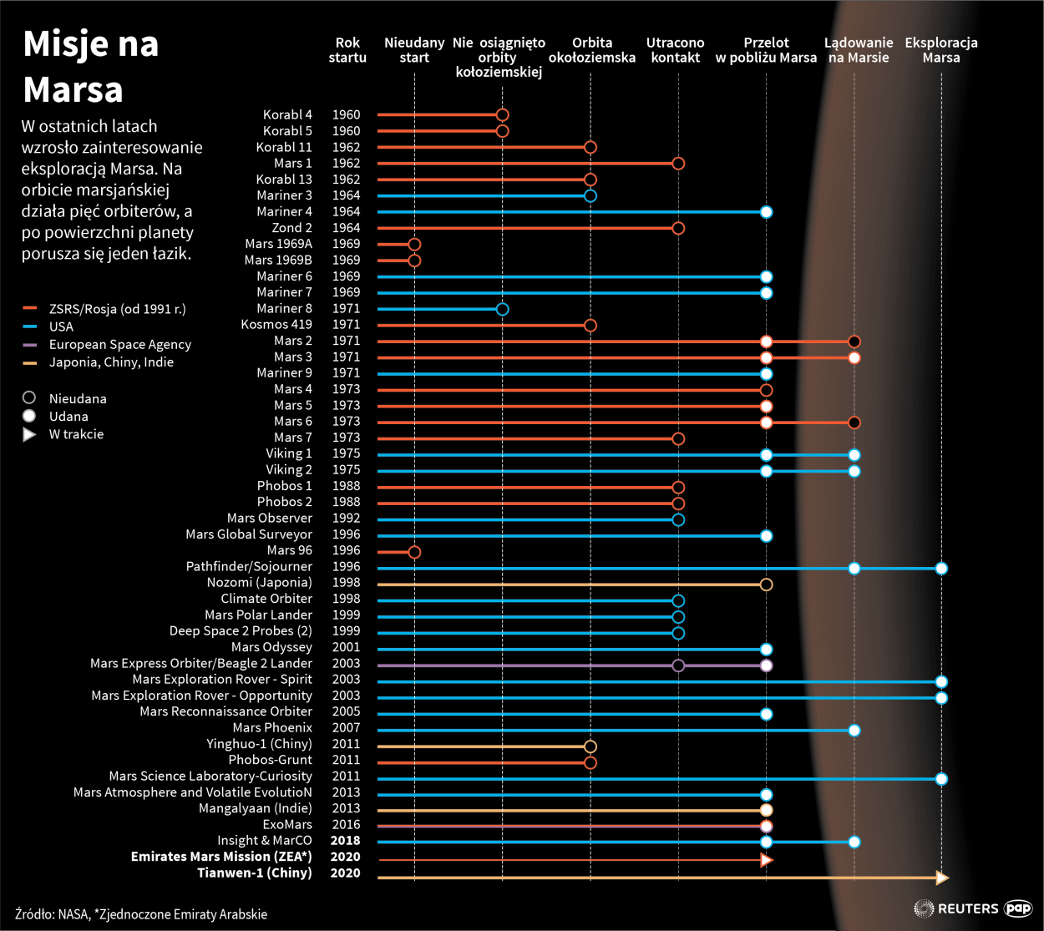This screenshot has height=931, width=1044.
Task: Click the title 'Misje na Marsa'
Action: coord(90,67)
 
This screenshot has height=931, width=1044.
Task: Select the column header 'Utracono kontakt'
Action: coord(675,50)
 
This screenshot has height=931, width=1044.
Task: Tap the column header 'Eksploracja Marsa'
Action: coord(941,50)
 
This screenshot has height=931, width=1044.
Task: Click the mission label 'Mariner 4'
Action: coord(284,212)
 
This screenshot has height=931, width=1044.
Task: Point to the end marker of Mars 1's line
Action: coord(678,164)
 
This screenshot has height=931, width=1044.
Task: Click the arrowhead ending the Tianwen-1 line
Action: coord(942,878)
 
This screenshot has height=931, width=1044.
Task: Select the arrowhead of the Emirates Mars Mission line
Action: coord(767,860)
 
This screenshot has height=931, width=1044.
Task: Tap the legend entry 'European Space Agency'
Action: coord(119,345)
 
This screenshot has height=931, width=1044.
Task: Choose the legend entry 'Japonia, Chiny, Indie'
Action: coord(111,362)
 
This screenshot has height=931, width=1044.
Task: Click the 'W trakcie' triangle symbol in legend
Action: coord(29,434)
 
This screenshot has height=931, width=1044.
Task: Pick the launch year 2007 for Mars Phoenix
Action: coord(346,728)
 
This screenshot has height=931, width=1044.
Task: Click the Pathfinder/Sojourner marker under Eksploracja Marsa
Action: coord(941,569)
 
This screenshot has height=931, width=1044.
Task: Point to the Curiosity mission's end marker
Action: coord(941,779)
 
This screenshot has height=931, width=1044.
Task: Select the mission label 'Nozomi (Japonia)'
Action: coord(259,583)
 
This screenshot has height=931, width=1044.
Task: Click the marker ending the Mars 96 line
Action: coord(414,553)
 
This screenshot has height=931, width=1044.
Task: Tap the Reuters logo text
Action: coord(968,908)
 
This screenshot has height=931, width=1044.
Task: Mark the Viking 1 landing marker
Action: coord(854,455)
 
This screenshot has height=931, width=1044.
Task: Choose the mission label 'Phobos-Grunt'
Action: coord(270,761)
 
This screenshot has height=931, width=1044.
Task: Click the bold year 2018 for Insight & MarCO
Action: coord(346,841)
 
